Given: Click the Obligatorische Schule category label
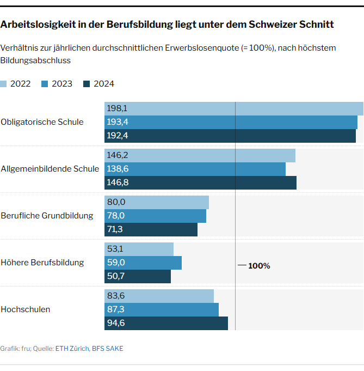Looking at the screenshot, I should (x=42, y=122).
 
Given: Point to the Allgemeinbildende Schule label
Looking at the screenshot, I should (x=50, y=169).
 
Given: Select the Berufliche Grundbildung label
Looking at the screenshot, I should (x=47, y=216).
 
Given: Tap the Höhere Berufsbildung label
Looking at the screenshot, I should (x=42, y=263).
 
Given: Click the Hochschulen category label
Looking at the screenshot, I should (x=26, y=309).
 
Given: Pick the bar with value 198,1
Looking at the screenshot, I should (x=234, y=108).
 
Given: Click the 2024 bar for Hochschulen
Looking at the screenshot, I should (x=166, y=324).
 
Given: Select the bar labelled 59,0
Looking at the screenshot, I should (x=143, y=263).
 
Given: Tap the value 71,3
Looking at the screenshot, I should (x=115, y=229).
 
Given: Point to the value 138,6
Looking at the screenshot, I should (x=118, y=169).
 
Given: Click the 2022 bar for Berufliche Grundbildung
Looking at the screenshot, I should (x=157, y=202).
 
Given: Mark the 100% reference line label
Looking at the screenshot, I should (x=259, y=266).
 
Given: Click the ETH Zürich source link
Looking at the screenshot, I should (x=72, y=349).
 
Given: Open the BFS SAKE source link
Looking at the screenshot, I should (x=107, y=349).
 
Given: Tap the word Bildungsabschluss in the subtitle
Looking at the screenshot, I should (x=35, y=60).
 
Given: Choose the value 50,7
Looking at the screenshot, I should (x=115, y=276).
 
